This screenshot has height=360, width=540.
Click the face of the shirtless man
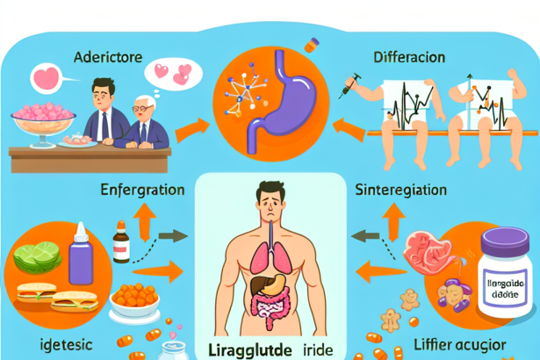tap(270, 198)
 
